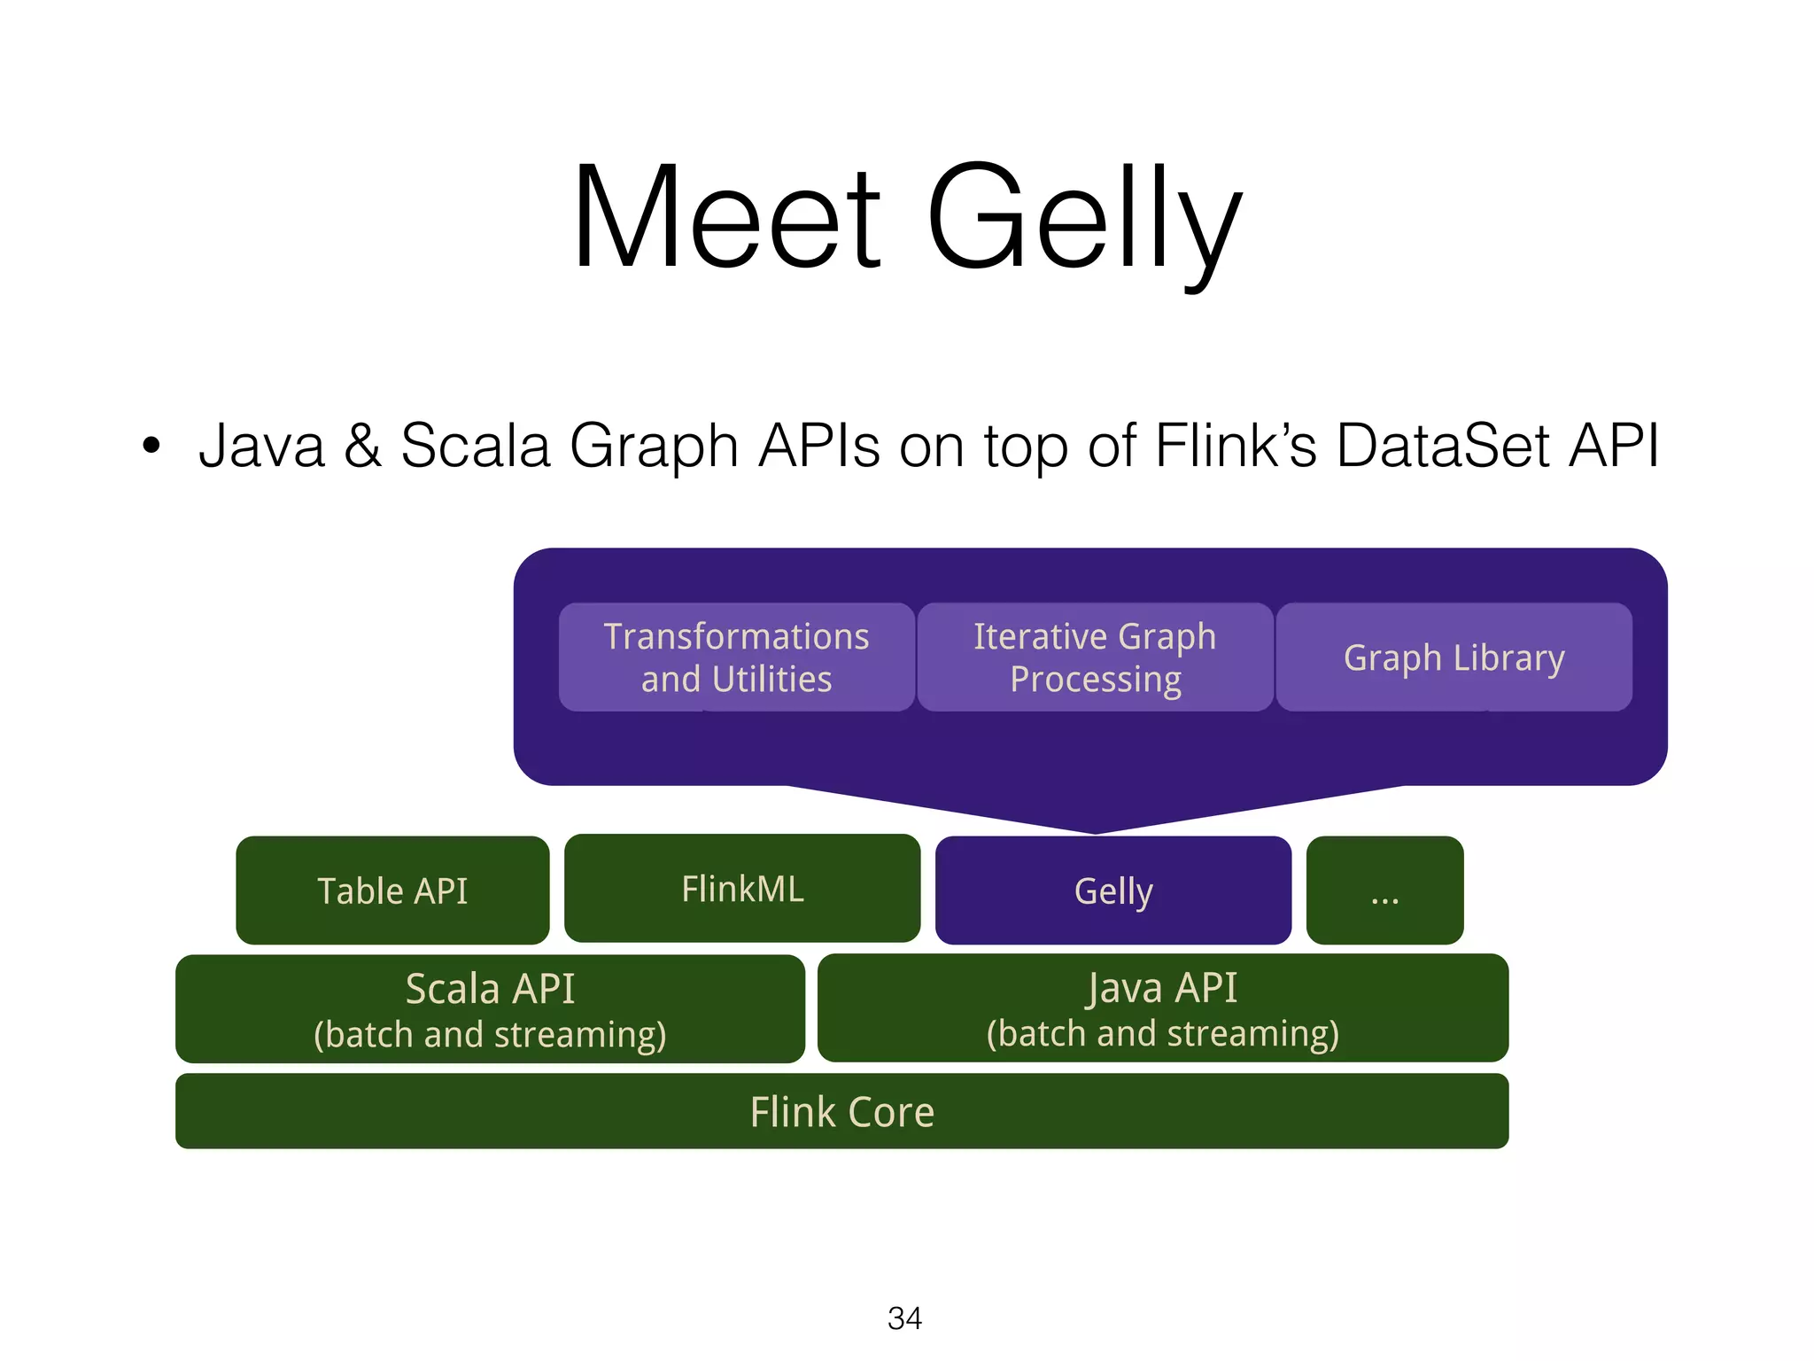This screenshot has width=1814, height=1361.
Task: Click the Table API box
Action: coord(392,890)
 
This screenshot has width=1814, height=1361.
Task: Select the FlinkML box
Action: coord(742,889)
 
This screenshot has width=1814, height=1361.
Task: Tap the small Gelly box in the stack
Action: coord(1113,890)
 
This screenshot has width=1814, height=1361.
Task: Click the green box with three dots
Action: coord(1384,890)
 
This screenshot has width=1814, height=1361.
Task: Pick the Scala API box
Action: coord(490,1009)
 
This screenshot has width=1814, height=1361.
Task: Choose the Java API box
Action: coord(1162,1008)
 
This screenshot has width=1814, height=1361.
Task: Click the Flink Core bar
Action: coord(841,1111)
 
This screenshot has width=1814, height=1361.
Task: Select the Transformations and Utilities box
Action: coord(736,657)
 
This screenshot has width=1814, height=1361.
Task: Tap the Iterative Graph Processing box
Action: coord(1095,657)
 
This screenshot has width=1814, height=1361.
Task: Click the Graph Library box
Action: coord(1454,657)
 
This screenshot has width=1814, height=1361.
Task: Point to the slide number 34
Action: coord(904,1318)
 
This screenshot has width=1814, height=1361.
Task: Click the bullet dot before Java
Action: coord(151,446)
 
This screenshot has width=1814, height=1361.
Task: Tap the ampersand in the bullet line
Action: coord(362,445)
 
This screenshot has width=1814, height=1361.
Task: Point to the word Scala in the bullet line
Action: coord(475,445)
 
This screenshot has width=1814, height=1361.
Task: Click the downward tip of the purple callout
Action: coord(1095,829)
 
